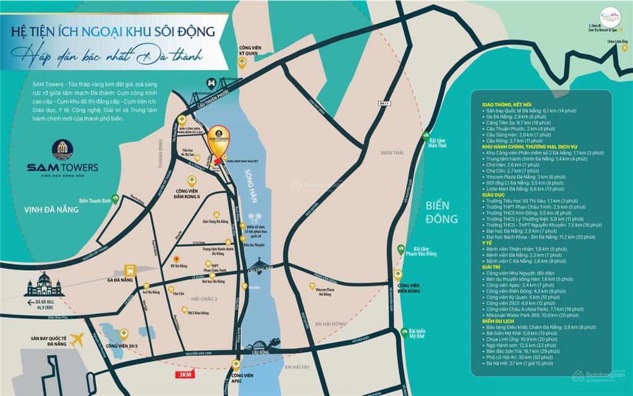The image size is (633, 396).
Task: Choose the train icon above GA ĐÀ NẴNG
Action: pos(130,270)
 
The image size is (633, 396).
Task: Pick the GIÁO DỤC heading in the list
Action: pos(493,195)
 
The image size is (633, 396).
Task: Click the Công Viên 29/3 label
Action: pos(121,346)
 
